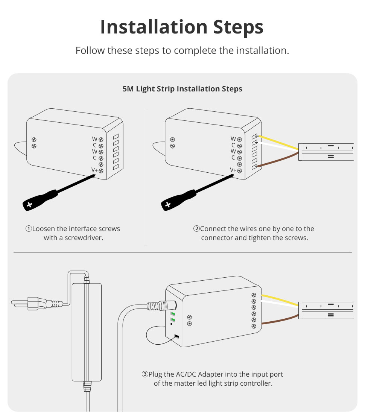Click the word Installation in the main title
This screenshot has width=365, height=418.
click(154, 27)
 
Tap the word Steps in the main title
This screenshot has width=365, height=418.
click(238, 27)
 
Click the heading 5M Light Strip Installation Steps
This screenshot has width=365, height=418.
click(182, 89)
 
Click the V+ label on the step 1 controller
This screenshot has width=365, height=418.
click(94, 170)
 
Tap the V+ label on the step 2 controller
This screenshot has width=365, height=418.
click(233, 170)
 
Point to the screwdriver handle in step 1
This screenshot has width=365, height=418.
click(40, 200)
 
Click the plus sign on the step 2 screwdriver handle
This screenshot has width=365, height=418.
click(168, 205)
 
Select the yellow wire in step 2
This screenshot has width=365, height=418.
click(278, 143)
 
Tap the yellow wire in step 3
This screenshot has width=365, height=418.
click(280, 299)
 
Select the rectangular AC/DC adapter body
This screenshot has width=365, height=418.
click(87, 332)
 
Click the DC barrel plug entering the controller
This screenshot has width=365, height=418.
click(161, 306)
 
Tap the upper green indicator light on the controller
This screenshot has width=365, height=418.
click(173, 314)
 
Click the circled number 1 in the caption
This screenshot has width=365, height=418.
click(29, 229)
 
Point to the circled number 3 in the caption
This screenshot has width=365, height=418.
click(145, 374)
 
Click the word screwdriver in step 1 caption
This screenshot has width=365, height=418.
click(84, 237)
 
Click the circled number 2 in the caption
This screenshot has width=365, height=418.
click(196, 229)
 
